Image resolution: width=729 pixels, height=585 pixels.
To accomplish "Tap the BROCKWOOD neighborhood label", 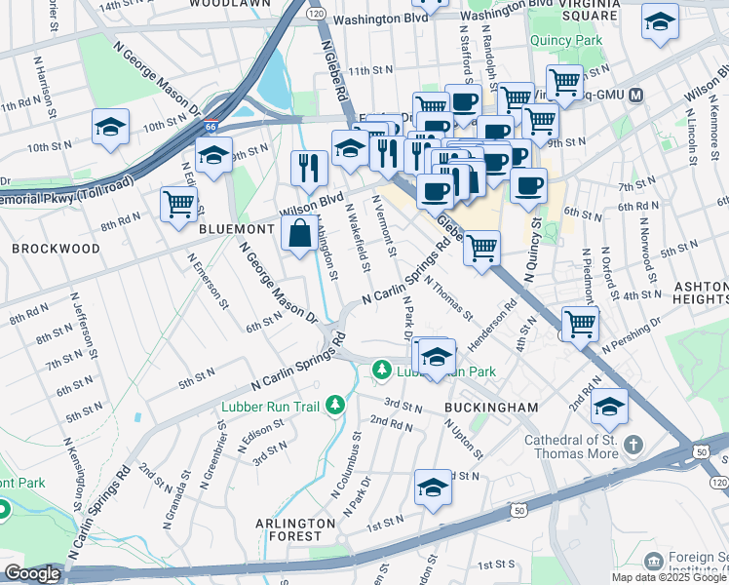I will coord(56,249).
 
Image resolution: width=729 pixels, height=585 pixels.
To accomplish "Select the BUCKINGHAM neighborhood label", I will coord(479,407).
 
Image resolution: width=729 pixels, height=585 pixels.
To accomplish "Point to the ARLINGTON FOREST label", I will coord(288,529).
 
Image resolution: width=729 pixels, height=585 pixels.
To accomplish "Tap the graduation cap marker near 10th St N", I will coord(111,127).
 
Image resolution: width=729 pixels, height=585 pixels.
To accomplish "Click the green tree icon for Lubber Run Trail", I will coord(335,403).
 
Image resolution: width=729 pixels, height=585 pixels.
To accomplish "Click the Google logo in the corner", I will coord(32,573).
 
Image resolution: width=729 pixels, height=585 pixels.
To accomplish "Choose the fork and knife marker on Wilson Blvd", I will coord(308,167).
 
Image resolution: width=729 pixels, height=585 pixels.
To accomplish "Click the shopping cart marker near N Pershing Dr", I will coord(580,323).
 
